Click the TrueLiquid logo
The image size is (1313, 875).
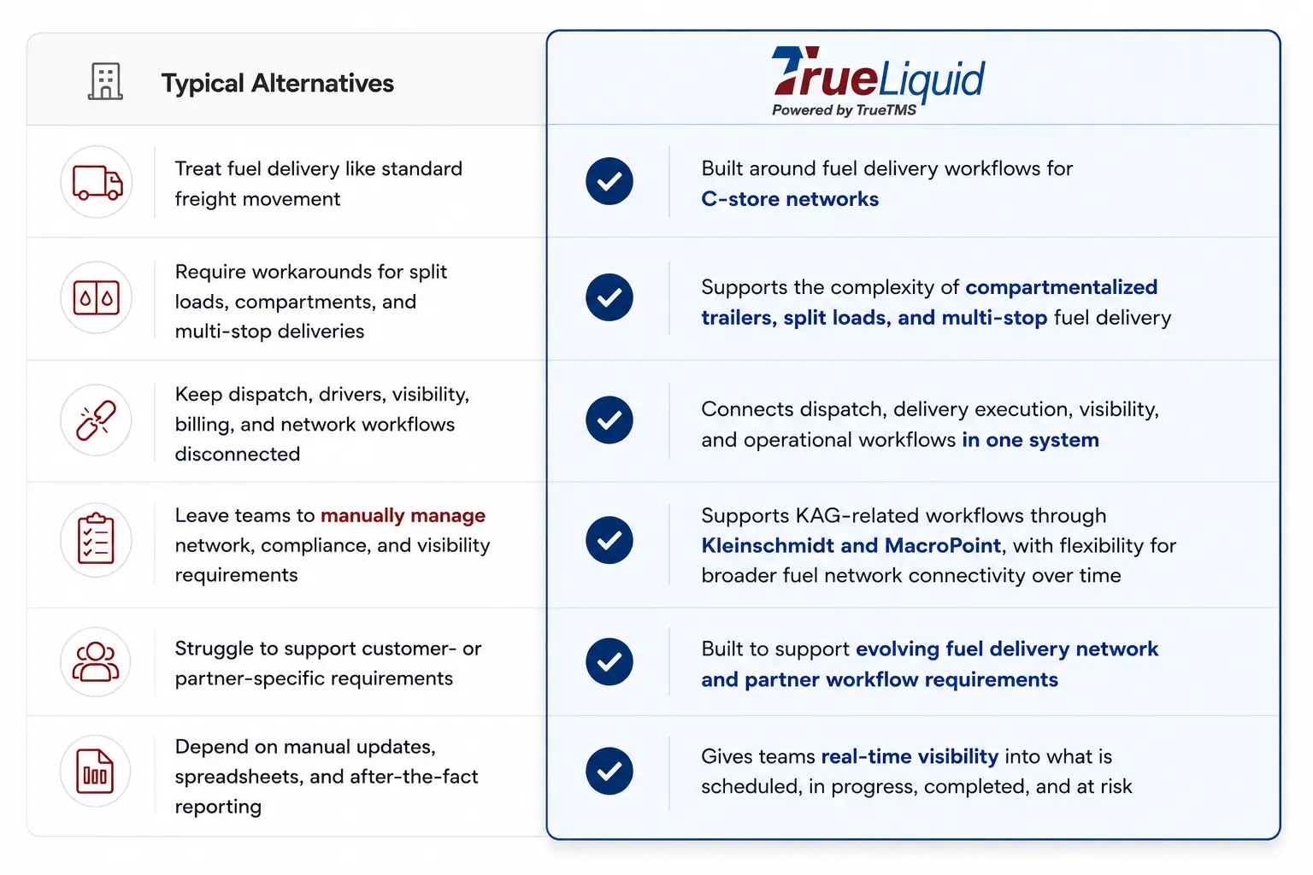coord(878,81)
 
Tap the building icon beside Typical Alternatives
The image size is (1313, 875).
coord(105,81)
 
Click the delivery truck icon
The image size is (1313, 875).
coord(97,182)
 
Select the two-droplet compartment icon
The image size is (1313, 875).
coord(96,297)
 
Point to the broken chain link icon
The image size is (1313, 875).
coord(96,420)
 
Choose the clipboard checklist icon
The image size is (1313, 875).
coord(96,539)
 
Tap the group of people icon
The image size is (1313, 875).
coord(96,661)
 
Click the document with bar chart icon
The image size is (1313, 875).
coord(95,771)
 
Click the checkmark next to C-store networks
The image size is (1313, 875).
coord(609,181)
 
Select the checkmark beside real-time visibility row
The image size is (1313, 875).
coord(609,771)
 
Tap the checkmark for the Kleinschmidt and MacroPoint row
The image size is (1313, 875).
coord(609,540)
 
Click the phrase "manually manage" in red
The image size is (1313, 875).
coord(403,515)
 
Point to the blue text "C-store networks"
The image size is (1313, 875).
coord(790,199)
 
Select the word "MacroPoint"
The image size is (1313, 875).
coord(943,545)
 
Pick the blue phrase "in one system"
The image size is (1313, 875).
coord(1030,439)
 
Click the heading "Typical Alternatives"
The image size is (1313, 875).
coord(277,83)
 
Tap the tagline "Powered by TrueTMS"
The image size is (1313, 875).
coord(844,109)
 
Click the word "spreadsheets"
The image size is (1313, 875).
coord(239,777)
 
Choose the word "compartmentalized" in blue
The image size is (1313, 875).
coord(1062,287)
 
